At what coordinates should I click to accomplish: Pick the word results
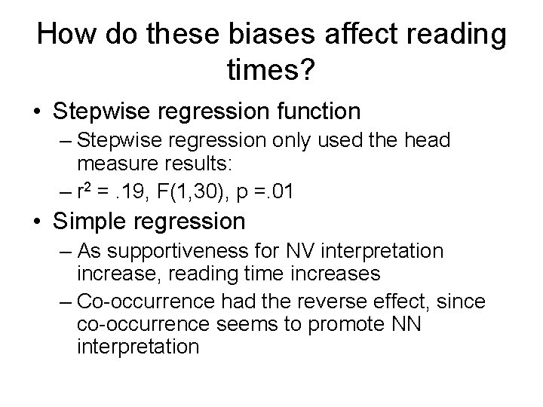click(x=182, y=164)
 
